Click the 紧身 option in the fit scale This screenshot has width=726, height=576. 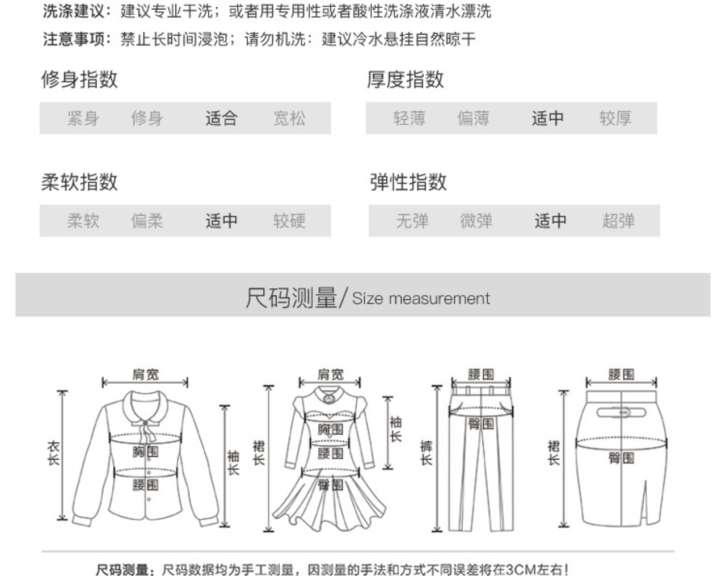click(83, 118)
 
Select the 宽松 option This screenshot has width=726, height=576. click(289, 118)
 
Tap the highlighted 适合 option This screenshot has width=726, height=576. click(221, 118)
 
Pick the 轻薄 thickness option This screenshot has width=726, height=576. click(409, 118)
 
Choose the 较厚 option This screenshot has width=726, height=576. click(615, 118)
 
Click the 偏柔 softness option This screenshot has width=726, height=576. click(147, 221)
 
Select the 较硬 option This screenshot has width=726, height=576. click(289, 221)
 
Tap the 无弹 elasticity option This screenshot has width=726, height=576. click(412, 221)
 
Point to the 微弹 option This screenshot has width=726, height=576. click(476, 221)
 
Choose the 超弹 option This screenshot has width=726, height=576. click(618, 221)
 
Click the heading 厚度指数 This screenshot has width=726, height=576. click(405, 79)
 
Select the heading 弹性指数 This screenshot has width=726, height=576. click(408, 182)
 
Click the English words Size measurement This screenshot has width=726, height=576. click(420, 298)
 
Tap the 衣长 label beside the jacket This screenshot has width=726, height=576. click(53, 454)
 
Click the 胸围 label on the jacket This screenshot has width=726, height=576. click(145, 452)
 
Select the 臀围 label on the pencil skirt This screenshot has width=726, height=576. click(621, 458)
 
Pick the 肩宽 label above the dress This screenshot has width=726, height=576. click(330, 375)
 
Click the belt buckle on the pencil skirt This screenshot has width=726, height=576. click(623, 412)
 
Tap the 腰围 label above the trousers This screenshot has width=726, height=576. click(481, 374)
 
